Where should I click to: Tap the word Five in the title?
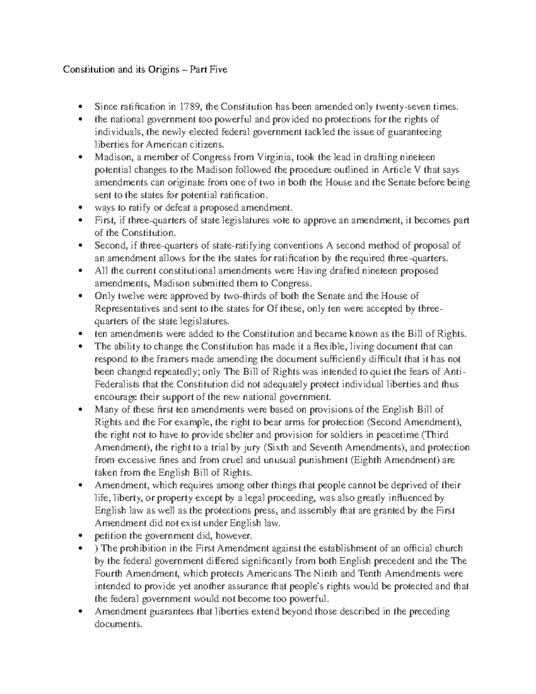pyautogui.click(x=218, y=69)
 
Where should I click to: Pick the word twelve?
pyautogui.click(x=128, y=296)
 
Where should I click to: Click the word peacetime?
pyautogui.click(x=399, y=435)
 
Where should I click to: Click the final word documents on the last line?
pyautogui.click(x=118, y=624)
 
